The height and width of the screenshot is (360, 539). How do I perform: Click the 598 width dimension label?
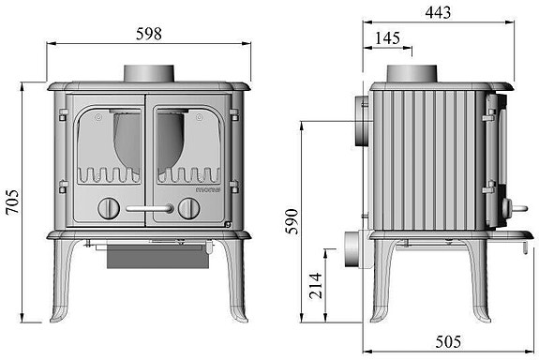[149, 34]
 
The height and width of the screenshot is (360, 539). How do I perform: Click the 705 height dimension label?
[13, 202]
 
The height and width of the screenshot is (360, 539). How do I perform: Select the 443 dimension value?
[438, 13]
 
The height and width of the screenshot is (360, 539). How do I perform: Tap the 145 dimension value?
[387, 38]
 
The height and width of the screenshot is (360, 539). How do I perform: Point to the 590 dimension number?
[292, 221]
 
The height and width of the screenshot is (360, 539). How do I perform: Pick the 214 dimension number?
[316, 285]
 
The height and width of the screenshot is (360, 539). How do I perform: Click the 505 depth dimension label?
[448, 342]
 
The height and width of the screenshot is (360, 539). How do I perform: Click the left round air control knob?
[109, 208]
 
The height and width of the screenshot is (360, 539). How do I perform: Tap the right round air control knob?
[188, 208]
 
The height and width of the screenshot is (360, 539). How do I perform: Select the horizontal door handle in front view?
[149, 208]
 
